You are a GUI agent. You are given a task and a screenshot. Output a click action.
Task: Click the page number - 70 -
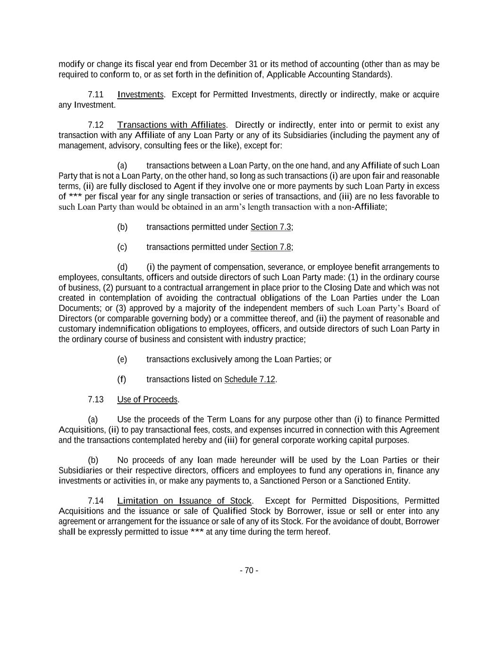(249, 570)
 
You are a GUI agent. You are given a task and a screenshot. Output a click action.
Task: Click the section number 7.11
(95, 95)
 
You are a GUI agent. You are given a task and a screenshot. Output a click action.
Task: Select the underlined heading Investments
(140, 95)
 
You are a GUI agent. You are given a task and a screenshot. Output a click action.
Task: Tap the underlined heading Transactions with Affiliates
(171, 125)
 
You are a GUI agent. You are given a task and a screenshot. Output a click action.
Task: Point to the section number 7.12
(95, 125)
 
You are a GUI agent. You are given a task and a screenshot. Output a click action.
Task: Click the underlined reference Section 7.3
(270, 227)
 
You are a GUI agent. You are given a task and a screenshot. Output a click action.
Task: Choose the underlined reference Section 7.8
(270, 247)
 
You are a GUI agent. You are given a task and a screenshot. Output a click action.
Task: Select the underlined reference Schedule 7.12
(249, 379)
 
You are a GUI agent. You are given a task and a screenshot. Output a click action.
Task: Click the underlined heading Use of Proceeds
(147, 400)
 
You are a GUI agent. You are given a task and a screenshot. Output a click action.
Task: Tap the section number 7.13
(95, 400)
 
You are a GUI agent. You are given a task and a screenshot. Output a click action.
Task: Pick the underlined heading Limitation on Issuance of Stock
(184, 501)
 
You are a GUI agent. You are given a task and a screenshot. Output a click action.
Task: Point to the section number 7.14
(95, 501)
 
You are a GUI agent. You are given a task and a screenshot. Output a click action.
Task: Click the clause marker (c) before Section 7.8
(122, 247)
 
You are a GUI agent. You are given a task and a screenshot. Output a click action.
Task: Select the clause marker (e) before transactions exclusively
(122, 360)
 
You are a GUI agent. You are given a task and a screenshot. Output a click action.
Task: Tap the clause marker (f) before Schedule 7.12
(122, 379)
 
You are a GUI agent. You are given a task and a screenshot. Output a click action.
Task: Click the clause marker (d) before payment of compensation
(122, 267)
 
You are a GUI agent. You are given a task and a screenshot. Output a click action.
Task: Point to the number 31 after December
(253, 64)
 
